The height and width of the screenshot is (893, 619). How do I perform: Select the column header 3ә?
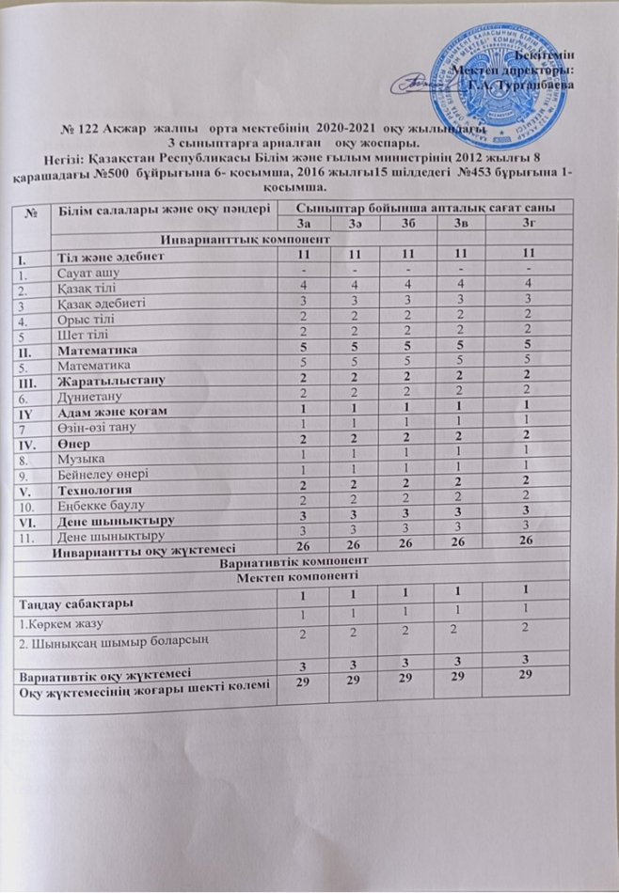[x=362, y=222]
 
